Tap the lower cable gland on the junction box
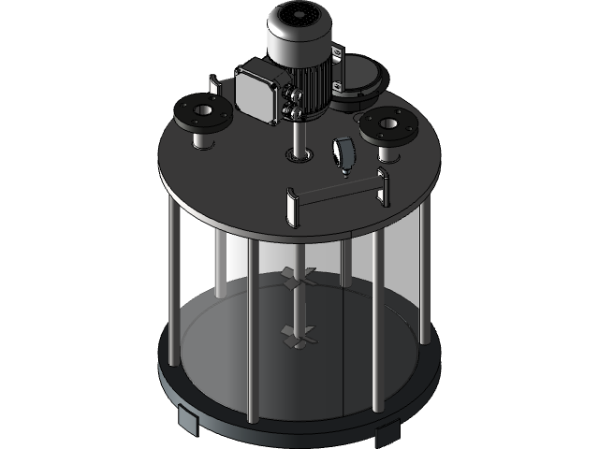[297, 111]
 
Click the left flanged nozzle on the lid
[198, 118]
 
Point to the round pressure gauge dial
[343, 152]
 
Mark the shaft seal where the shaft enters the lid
[300, 152]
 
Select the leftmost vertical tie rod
[173, 281]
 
